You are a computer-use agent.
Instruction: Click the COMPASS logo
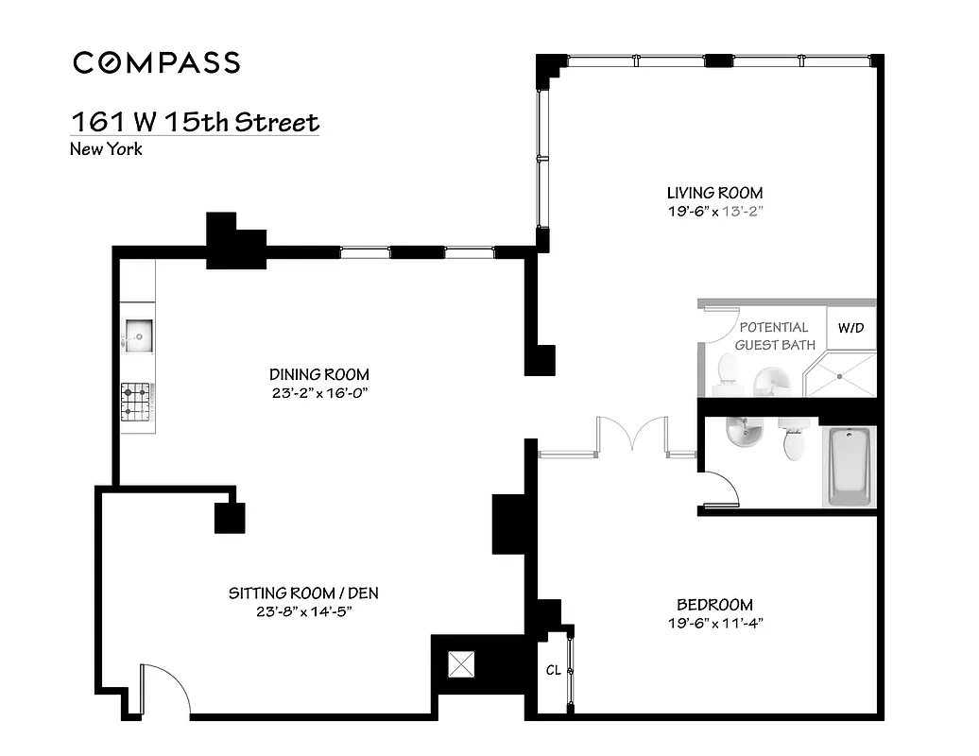pos(157,63)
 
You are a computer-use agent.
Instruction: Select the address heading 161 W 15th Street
pos(196,123)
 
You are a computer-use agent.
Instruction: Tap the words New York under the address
pos(106,148)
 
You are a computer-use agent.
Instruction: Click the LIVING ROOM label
pos(714,193)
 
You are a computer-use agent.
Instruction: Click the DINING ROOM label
pos(318,374)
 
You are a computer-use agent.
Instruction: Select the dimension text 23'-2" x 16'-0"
pos(318,392)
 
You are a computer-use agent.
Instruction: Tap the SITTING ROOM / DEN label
pos(303,593)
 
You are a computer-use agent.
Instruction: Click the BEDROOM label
pos(714,605)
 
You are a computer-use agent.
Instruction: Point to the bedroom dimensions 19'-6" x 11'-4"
pos(714,623)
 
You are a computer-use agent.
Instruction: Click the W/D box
pos(850,329)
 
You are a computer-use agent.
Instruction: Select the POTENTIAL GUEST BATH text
pos(774,336)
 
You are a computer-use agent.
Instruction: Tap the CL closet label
pos(553,670)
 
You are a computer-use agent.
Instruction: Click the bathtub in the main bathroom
pos(851,466)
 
